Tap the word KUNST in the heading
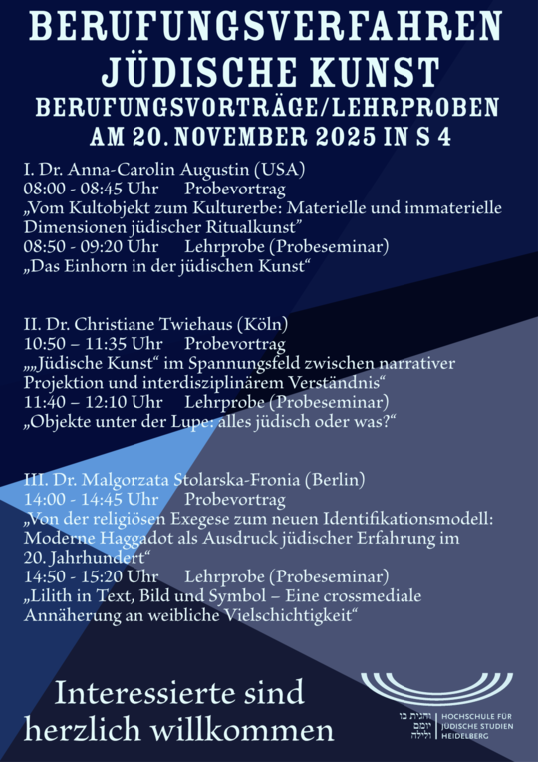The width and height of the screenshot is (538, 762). pos(380,71)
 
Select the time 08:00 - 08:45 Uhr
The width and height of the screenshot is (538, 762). pos(91,188)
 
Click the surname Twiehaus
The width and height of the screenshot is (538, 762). pos(205,324)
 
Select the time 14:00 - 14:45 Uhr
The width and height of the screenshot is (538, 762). pos(91,499)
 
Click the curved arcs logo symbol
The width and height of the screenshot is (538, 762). pos(437,687)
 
